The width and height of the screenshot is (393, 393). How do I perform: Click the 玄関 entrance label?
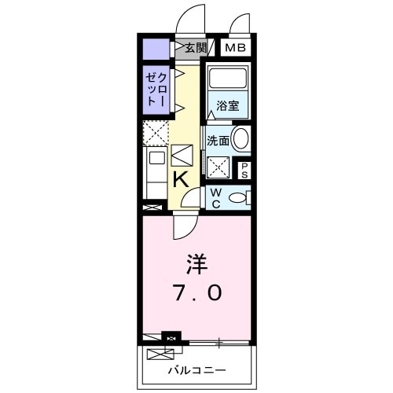tap(196, 48)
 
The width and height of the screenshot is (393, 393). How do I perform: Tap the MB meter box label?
tap(235, 48)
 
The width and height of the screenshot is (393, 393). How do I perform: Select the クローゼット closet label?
tap(155, 89)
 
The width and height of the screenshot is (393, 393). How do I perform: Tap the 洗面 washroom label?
tap(218, 141)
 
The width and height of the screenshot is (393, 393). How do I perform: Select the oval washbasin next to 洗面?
tap(241, 139)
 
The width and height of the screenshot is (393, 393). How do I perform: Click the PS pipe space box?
tap(244, 170)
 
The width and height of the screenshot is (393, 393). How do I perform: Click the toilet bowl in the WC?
tap(237, 198)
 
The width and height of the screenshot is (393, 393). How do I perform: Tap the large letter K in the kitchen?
tap(180, 179)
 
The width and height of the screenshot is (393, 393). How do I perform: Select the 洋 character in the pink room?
tap(196, 264)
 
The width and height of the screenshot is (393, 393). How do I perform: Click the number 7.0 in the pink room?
tap(196, 292)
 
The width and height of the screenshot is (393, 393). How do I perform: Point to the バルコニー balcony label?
tap(196, 369)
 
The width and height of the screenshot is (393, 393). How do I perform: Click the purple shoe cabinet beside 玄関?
tap(156, 49)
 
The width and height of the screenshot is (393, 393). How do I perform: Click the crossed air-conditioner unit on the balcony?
tap(170, 338)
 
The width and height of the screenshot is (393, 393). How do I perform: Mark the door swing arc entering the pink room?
tap(185, 226)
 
